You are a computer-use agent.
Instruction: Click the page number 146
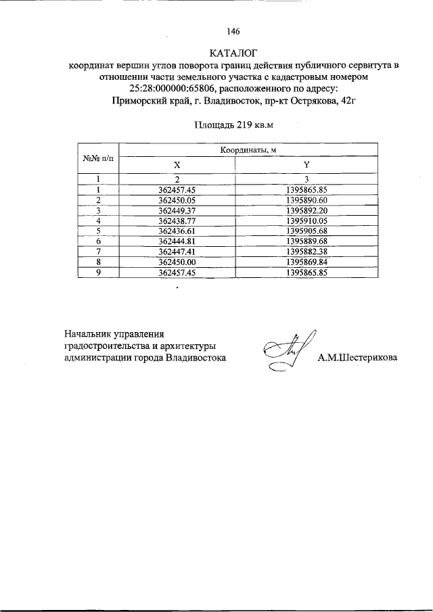[x=235, y=30]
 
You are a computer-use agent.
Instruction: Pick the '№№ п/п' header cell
[x=98, y=158]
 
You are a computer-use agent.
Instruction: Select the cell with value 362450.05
[x=177, y=200]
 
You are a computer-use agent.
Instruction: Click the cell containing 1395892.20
[x=306, y=210]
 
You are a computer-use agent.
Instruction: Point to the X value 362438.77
[x=177, y=220]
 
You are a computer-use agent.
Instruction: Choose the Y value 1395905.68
[x=306, y=231]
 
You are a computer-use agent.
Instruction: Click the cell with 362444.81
[x=177, y=241]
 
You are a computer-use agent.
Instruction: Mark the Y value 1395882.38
[x=306, y=251]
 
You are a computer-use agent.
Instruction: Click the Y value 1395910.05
[x=306, y=220]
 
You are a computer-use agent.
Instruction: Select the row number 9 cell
[x=98, y=272]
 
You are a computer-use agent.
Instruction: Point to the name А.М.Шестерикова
[x=358, y=358]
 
